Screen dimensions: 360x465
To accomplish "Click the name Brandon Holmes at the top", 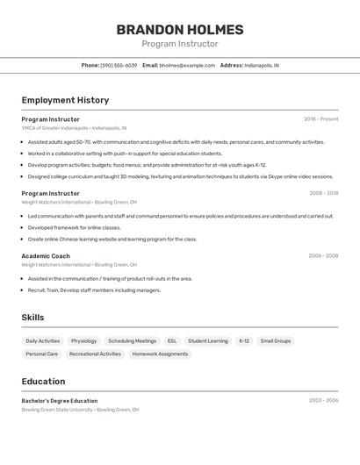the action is click(x=180, y=29).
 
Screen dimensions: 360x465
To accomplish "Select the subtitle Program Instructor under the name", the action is click(x=180, y=44).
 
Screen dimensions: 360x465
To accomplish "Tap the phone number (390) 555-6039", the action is click(x=119, y=65).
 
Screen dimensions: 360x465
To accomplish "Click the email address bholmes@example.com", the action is click(x=187, y=65).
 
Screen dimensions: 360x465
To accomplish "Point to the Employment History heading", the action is click(x=65, y=100).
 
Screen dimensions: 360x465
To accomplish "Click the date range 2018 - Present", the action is click(x=320, y=119).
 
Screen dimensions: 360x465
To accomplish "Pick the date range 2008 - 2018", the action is click(x=323, y=193).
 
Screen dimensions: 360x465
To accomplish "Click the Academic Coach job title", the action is click(x=46, y=256).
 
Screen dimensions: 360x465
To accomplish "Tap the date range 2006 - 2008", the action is click(x=323, y=256).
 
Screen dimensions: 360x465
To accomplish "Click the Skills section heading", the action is click(x=32, y=318).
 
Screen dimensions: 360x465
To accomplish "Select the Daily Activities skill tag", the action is click(x=43, y=340).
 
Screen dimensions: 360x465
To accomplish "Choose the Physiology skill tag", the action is click(x=84, y=340).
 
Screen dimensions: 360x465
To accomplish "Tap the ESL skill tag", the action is click(x=172, y=340).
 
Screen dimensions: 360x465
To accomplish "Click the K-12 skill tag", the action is click(x=244, y=340).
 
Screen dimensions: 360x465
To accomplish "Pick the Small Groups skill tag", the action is click(x=276, y=340).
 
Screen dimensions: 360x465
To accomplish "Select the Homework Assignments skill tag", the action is click(x=161, y=354).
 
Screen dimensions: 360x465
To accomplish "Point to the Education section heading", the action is click(x=43, y=382).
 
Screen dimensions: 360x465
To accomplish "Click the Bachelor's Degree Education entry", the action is click(x=60, y=400).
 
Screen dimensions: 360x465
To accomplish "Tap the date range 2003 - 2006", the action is click(x=323, y=400).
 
